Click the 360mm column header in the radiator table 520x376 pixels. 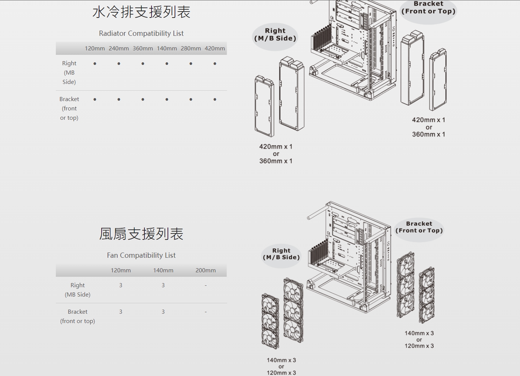143,48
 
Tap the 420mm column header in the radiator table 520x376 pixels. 215,48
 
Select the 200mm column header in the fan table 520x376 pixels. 205,270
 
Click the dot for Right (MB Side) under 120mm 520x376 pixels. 95,64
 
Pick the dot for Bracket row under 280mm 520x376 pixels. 191,100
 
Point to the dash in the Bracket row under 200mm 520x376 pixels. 205,312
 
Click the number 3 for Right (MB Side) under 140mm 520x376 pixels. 163,285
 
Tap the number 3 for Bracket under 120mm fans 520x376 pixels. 121,312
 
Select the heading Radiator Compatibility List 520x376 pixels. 141,34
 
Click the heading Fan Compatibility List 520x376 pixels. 141,256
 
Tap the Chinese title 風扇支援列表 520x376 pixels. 141,234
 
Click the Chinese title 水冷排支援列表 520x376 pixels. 141,12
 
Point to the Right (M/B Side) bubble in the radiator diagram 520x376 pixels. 275,35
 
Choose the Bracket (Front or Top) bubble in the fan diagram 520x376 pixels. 419,227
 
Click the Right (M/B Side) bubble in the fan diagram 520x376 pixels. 281,254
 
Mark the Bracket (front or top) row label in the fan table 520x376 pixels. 77,316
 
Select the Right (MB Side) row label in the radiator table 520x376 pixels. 69,73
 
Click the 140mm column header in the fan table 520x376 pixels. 163,270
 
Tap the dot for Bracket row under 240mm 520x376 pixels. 119,100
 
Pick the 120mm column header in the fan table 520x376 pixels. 121,270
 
